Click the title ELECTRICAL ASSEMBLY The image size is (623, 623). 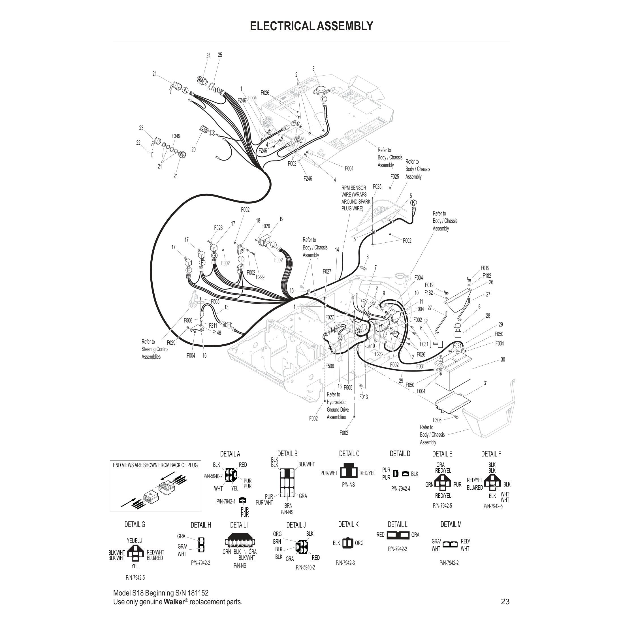tap(311, 26)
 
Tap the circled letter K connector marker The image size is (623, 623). tap(413, 202)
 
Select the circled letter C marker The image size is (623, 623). tap(324, 99)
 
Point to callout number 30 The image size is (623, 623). tap(503, 360)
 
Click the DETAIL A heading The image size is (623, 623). tap(230, 454)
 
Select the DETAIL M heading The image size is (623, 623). tap(451, 525)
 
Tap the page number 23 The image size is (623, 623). tap(505, 601)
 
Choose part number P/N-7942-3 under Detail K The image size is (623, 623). tap(345, 563)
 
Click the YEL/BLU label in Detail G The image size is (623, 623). tap(135, 540)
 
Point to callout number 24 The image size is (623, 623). tap(208, 56)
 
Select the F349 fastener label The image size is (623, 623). tap(176, 136)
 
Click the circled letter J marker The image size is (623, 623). tap(274, 245)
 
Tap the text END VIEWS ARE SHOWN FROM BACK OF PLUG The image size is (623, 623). tap(155, 465)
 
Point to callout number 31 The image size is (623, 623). tap(486, 383)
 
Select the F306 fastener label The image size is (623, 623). tap(437, 420)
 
